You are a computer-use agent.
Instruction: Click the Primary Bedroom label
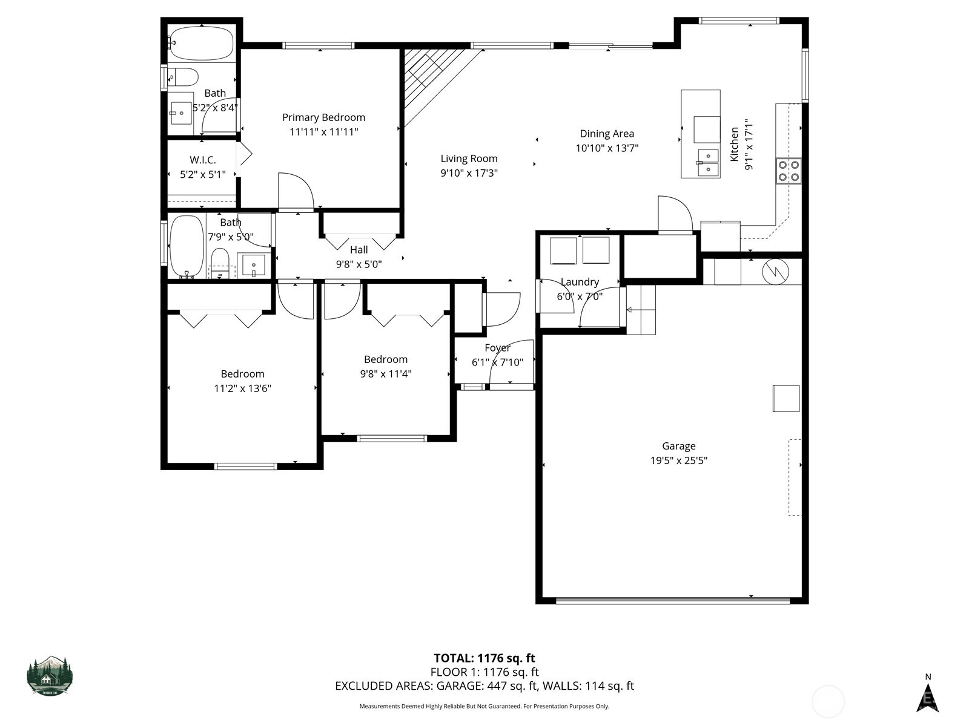tap(323, 117)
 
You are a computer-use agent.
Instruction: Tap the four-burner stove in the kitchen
tap(789, 170)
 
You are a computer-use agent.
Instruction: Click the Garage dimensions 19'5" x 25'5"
tap(678, 460)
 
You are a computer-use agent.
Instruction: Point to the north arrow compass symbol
tap(927, 696)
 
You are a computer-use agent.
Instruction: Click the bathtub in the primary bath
tap(200, 43)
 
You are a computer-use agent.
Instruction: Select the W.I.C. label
tap(202, 160)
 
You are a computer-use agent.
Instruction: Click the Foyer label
tap(497, 348)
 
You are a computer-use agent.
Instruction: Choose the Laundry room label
tap(580, 282)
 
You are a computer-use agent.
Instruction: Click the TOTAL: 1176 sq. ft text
tap(484, 658)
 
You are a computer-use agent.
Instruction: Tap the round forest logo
tap(50, 675)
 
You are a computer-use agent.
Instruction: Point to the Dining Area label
tap(607, 134)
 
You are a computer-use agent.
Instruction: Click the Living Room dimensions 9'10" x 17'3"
tap(469, 173)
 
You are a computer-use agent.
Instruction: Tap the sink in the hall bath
tap(254, 265)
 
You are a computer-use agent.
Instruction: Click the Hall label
tap(359, 249)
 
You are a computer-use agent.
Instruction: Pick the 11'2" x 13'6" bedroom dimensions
tap(242, 388)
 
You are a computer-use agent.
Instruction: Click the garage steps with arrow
tap(641, 310)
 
